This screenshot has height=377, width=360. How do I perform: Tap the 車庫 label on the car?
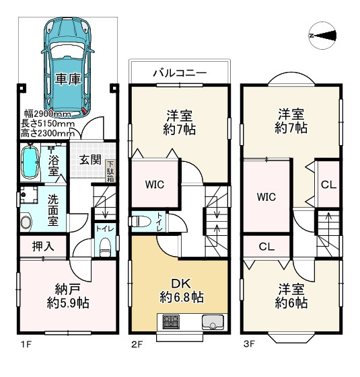(x=67, y=79)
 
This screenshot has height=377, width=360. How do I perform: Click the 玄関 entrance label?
(x=89, y=160)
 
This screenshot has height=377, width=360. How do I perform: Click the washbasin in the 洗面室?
(x=27, y=222)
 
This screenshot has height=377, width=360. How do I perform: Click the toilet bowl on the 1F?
(x=104, y=249)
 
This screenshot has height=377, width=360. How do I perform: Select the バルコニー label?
(x=179, y=72)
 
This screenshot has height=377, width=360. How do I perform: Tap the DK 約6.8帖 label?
(x=182, y=290)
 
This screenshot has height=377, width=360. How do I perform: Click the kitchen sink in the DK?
(x=213, y=323)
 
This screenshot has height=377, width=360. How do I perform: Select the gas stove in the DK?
(x=169, y=323)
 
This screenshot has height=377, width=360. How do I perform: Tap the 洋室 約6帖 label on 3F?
(x=291, y=297)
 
